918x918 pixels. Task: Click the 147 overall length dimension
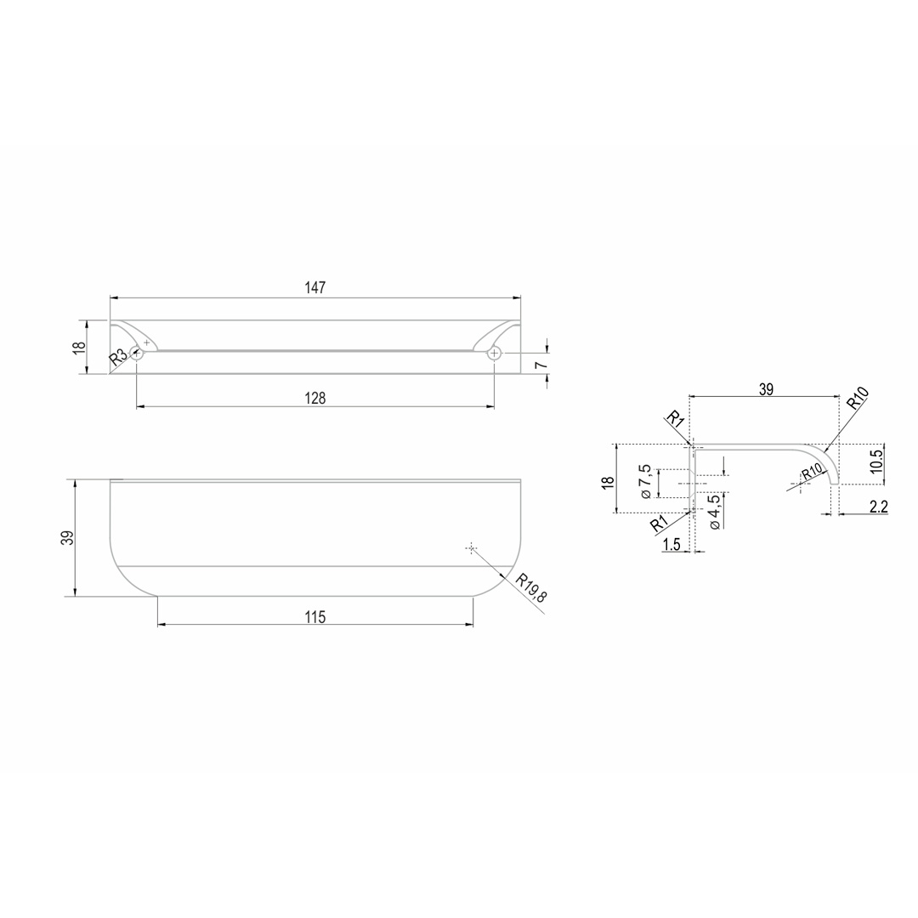coord(315,288)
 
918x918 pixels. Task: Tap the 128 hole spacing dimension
coord(315,398)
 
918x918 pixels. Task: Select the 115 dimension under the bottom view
coord(315,617)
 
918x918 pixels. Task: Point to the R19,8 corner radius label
coord(531,588)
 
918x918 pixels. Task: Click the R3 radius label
coord(117,356)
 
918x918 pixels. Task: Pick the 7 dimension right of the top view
coord(541,365)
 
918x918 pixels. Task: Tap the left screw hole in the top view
coord(136,353)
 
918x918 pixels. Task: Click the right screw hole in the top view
coord(495,353)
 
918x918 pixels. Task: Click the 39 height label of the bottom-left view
coord(69,538)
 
